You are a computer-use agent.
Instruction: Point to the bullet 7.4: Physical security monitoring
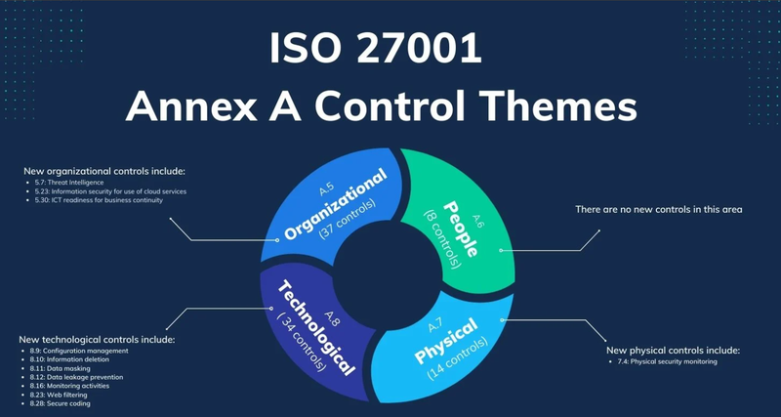[x=665, y=361]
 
